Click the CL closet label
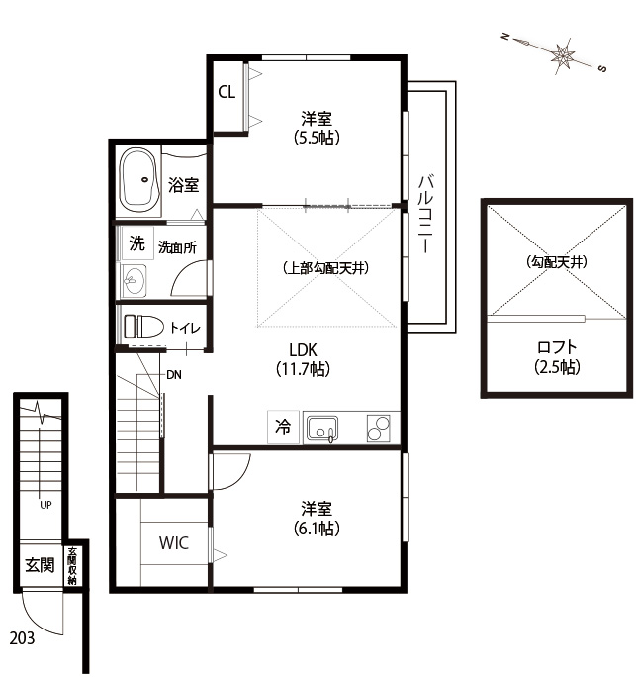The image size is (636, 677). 227,92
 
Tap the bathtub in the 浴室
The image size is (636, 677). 139,180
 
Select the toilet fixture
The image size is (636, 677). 143,327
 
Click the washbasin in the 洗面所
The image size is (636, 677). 135,281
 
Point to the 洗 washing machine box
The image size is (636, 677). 137,243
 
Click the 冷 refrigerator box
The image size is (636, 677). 283,427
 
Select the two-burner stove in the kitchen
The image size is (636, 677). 379,428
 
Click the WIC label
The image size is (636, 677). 173,542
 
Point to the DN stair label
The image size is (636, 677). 174,375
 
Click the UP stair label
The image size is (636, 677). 45,505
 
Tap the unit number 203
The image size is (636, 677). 22,637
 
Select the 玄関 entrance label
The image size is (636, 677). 40,565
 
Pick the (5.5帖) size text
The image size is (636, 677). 317,138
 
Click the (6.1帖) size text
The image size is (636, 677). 317,529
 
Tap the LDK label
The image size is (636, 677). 303,349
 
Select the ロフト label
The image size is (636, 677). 557,347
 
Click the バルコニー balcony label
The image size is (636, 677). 426,213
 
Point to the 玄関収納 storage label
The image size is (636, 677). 72,566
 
